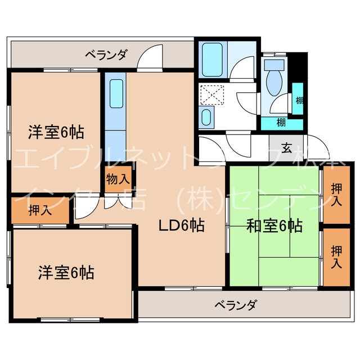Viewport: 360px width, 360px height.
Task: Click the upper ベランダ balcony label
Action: (106, 55)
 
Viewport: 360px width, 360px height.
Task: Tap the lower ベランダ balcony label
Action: (236, 305)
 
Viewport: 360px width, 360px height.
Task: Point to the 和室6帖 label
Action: (274, 226)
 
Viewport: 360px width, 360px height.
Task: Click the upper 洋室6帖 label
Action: (56, 133)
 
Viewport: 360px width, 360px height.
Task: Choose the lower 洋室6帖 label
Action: (66, 273)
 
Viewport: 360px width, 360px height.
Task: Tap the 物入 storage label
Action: (118, 180)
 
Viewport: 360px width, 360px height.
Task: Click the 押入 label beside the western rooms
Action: (38, 211)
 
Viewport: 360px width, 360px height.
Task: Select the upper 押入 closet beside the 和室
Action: (336, 193)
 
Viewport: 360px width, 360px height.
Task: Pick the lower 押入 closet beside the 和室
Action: (336, 256)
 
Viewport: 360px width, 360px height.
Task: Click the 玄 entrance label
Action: (286, 148)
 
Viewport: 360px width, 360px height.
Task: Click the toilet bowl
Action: (274, 82)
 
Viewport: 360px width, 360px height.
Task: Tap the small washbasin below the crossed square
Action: (206, 118)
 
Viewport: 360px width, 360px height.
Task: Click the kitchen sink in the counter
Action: (116, 93)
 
